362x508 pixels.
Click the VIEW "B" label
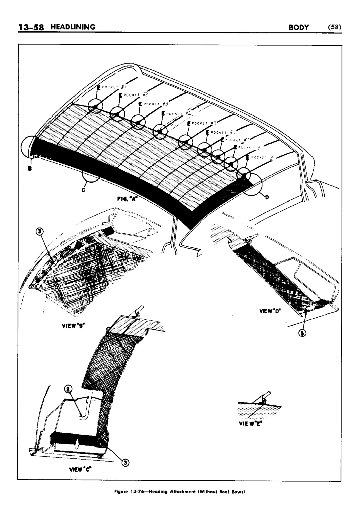coord(69,328)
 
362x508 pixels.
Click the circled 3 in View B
coord(40,232)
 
